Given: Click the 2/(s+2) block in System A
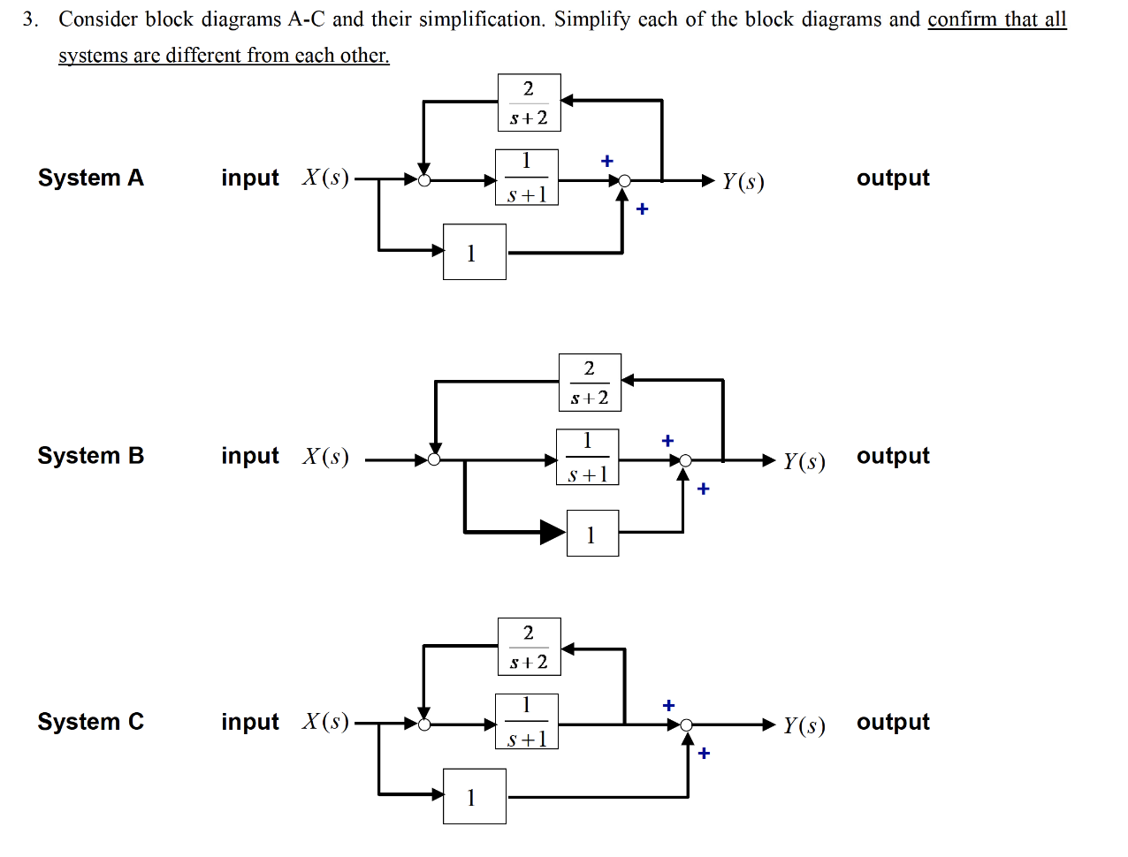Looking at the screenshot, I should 529,102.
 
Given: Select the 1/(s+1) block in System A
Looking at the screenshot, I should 527,178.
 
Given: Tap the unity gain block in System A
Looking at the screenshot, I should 474,252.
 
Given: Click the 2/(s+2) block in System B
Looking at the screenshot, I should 590,383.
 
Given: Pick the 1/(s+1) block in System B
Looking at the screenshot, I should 587,457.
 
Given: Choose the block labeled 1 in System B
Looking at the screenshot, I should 591,533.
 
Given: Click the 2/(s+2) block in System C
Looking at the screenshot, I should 529,647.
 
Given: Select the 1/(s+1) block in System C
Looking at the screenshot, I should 527,722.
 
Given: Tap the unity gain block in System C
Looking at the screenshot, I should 474,796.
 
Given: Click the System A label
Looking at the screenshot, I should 90,178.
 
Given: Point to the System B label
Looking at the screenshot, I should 90,456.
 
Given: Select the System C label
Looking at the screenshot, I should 90,722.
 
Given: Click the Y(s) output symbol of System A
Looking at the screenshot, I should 743,181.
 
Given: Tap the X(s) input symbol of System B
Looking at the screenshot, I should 325,456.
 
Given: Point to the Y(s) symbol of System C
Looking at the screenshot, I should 804,725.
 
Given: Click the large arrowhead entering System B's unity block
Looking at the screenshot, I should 553,532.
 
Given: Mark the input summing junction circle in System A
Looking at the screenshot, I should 424,180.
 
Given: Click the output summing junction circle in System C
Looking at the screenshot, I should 686,725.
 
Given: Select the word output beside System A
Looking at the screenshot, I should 893,178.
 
